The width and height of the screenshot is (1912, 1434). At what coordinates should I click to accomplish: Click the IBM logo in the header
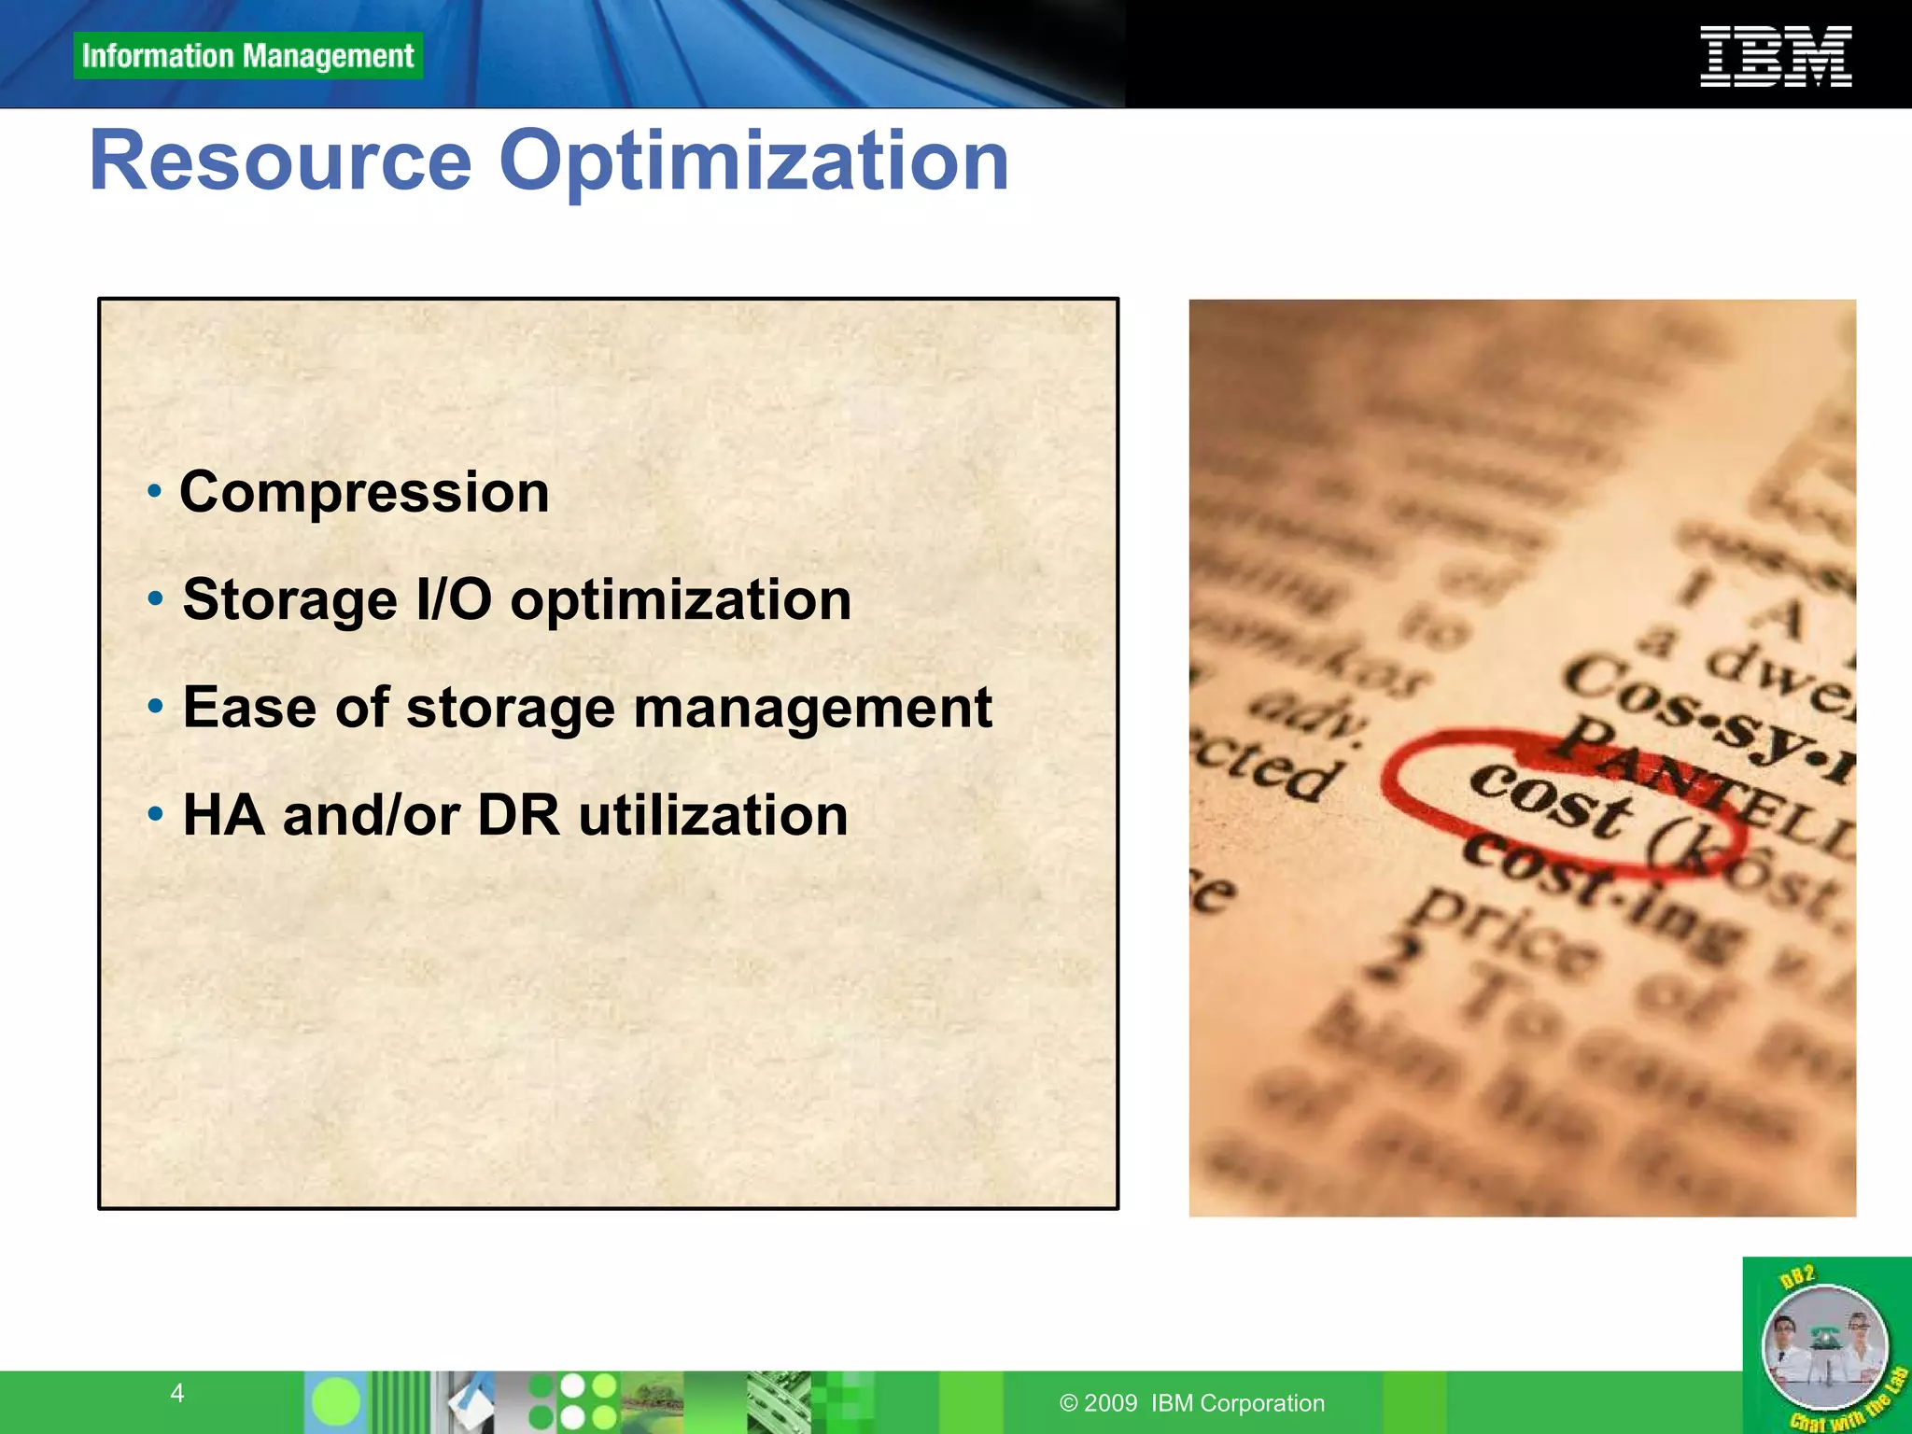click(1775, 57)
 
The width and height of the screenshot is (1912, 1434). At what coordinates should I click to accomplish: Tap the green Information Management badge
click(247, 56)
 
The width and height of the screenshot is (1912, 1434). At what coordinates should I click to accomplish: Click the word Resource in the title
click(281, 161)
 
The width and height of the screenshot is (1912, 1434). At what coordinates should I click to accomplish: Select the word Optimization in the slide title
click(753, 161)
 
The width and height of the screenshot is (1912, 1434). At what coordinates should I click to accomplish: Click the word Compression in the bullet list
click(364, 492)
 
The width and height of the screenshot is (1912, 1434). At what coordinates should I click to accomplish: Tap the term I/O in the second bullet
click(454, 599)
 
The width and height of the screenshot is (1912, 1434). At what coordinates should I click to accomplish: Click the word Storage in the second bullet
click(289, 599)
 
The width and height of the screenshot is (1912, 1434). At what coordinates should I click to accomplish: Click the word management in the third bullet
click(812, 708)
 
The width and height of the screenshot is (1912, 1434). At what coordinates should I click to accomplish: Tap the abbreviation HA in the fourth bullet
click(223, 815)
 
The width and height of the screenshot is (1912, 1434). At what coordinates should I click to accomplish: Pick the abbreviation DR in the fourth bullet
click(518, 815)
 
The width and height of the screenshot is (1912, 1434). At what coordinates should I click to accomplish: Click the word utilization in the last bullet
click(713, 815)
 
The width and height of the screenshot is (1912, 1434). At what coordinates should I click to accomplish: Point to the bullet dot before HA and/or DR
click(155, 814)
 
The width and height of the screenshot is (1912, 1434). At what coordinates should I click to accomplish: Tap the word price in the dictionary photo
click(1503, 934)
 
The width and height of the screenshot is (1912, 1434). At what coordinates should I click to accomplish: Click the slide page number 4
click(177, 1393)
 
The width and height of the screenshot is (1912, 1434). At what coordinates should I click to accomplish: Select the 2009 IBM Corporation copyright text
click(1192, 1403)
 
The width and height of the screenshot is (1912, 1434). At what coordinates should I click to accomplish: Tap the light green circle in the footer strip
click(336, 1401)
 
